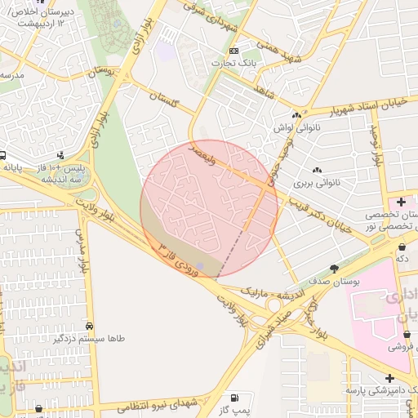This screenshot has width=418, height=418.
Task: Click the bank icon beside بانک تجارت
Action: (234, 51)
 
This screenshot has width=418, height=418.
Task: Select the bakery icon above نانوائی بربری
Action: (316, 170)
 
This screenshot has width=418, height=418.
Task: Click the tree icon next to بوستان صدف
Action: (334, 269)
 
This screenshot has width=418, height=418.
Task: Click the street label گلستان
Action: (164, 100)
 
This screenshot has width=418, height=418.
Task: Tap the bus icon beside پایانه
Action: (4, 155)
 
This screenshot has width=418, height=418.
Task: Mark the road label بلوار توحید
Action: (376, 147)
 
